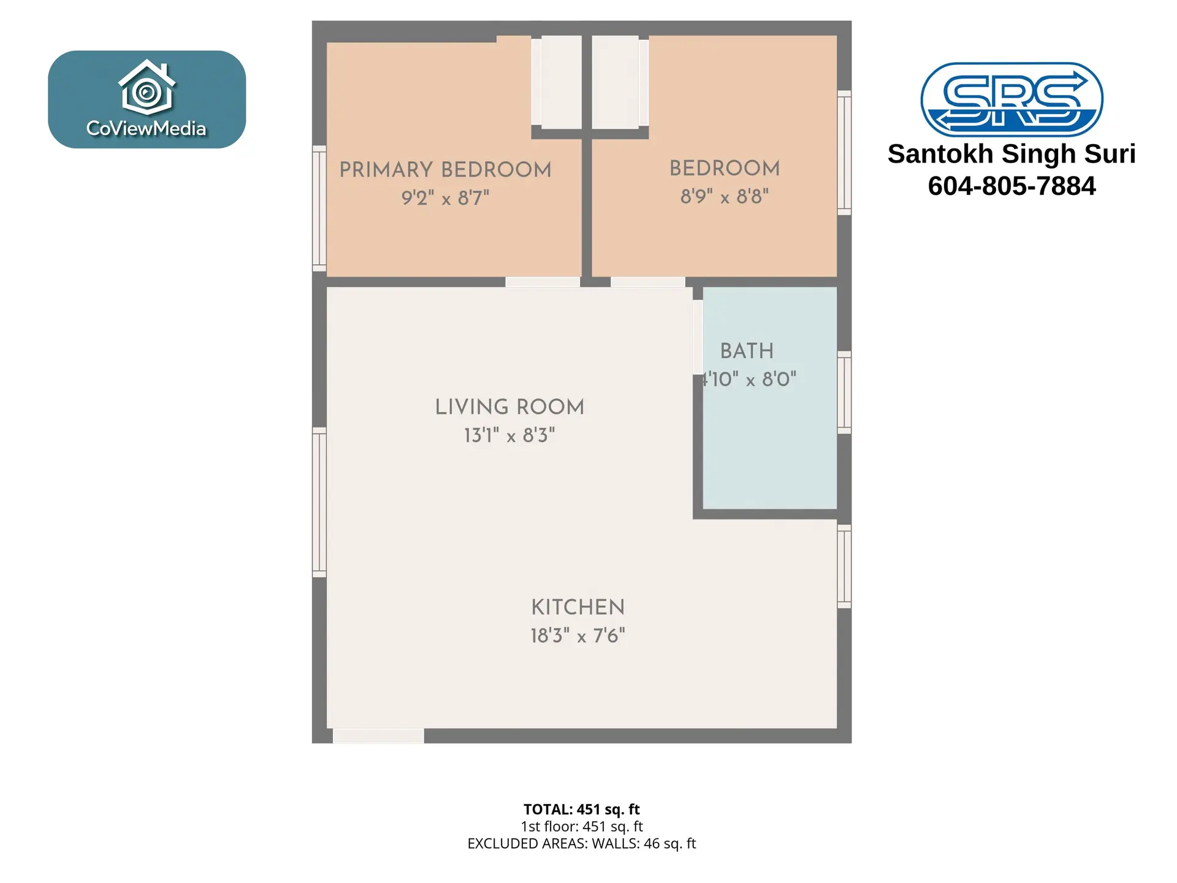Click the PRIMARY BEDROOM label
(445, 170)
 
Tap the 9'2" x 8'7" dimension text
(445, 198)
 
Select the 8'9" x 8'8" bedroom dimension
(724, 197)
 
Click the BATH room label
(747, 351)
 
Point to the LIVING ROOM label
(509, 407)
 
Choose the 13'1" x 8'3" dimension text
(509, 435)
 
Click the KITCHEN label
(577, 608)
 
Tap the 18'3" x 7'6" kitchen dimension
(577, 636)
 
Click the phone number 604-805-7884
(1011, 186)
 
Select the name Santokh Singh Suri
(1011, 154)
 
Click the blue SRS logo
(1011, 99)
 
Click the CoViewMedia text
(147, 128)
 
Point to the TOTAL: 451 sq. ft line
(581, 809)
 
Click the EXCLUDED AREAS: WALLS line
(581, 844)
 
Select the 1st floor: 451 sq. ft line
(581, 827)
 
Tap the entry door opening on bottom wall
(378, 736)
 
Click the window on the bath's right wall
(844, 392)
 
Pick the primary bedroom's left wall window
(319, 208)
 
